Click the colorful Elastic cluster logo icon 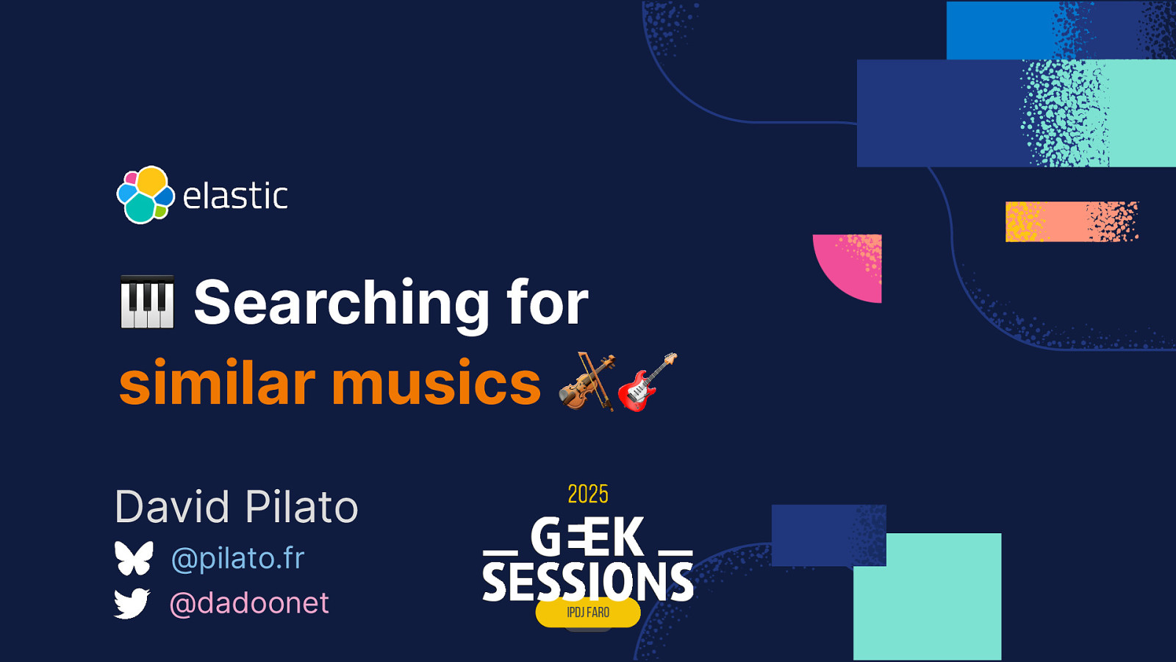point(146,195)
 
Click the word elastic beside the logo point(235,196)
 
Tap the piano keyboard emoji point(147,302)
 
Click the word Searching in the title point(341,303)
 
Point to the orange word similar point(217,382)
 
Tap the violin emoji point(587,381)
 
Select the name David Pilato point(236,507)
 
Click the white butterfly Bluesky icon point(134,558)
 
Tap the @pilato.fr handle point(237,558)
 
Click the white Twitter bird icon point(132,603)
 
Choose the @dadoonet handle point(249,603)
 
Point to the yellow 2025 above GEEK point(588,494)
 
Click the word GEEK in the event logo point(588,537)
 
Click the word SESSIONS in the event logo point(588,581)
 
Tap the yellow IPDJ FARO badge point(588,613)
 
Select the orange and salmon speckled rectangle point(1071,221)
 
